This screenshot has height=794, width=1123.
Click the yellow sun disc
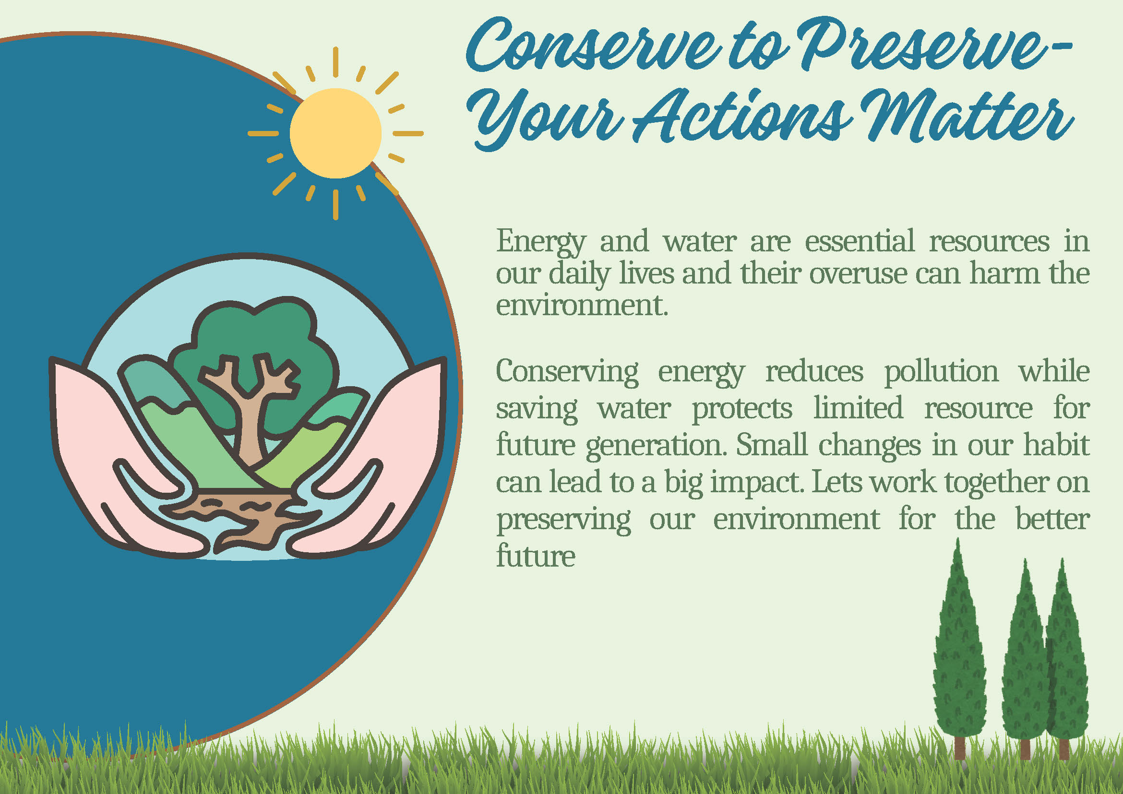[x=335, y=133]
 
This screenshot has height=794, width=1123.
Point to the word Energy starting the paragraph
[x=541, y=242]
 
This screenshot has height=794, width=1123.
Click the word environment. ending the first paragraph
[x=582, y=306]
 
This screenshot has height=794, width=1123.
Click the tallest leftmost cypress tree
[x=959, y=650]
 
